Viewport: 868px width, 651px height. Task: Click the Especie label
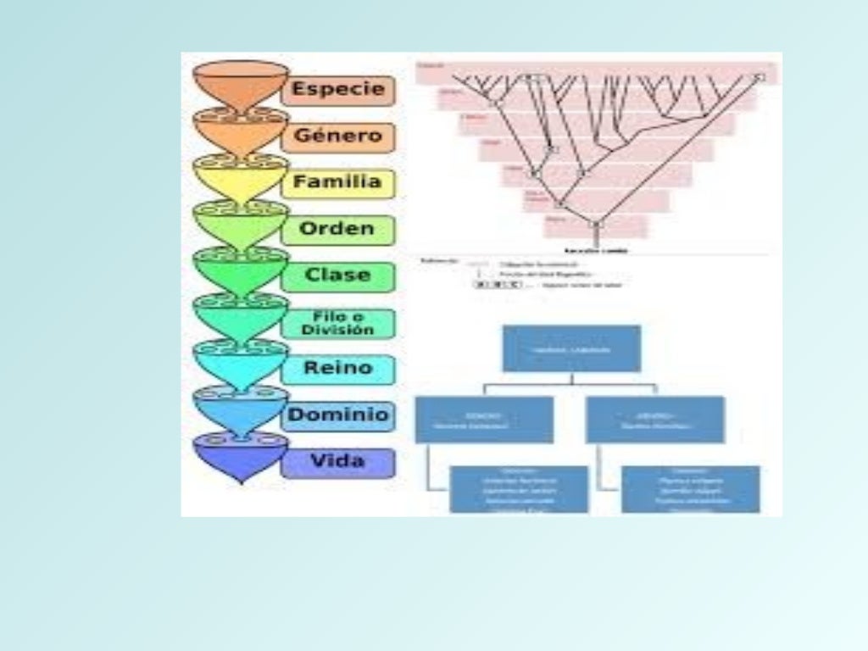(338, 90)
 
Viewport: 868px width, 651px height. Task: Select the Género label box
(338, 136)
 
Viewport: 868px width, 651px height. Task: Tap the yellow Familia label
(338, 182)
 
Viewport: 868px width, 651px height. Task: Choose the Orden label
(338, 229)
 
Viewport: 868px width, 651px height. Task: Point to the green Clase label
(338, 275)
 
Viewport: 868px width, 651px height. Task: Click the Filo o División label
(338, 323)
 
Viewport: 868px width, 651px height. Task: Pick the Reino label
(338, 369)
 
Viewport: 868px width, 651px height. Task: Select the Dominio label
(338, 415)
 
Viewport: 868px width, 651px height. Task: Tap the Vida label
(338, 462)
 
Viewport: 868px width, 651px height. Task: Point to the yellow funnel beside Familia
(241, 178)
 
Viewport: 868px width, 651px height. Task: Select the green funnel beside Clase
(241, 271)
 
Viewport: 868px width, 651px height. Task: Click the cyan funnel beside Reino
(241, 364)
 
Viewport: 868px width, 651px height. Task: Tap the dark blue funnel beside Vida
(241, 458)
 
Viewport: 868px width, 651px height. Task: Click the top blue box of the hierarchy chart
(571, 348)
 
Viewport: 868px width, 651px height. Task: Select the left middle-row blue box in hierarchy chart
(484, 420)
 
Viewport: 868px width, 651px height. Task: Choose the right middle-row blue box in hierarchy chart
(655, 420)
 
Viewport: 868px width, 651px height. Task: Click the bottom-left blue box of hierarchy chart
(519, 489)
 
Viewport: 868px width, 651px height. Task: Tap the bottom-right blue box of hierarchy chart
(690, 489)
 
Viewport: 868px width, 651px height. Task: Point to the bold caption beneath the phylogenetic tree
(595, 251)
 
